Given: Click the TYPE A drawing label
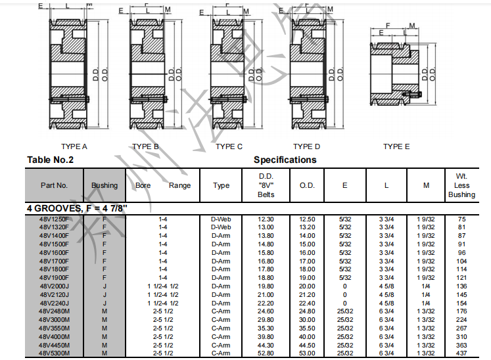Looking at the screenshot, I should click(x=74, y=146).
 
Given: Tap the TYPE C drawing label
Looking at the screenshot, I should click(x=229, y=146).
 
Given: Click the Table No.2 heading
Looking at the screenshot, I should click(x=50, y=160).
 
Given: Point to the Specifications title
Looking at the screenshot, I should click(x=285, y=160).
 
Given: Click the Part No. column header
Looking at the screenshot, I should click(x=54, y=185).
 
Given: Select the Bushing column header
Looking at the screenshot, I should click(x=105, y=185).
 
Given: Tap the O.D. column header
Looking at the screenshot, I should click(x=307, y=185).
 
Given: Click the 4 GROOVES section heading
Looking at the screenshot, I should click(x=77, y=208).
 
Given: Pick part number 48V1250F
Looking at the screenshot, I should click(x=54, y=219).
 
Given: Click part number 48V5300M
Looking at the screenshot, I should click(x=54, y=353).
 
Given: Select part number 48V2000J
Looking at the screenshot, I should click(x=54, y=286).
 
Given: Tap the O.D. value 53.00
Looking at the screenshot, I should click(x=307, y=353).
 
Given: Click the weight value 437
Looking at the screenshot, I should click(x=461, y=353).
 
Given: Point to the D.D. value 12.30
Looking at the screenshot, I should click(x=266, y=219).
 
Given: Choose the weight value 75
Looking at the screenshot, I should click(x=461, y=219).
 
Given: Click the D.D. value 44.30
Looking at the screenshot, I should click(x=266, y=345).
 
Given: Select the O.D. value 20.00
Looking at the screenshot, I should click(x=307, y=286).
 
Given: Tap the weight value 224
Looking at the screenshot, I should click(x=461, y=320).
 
